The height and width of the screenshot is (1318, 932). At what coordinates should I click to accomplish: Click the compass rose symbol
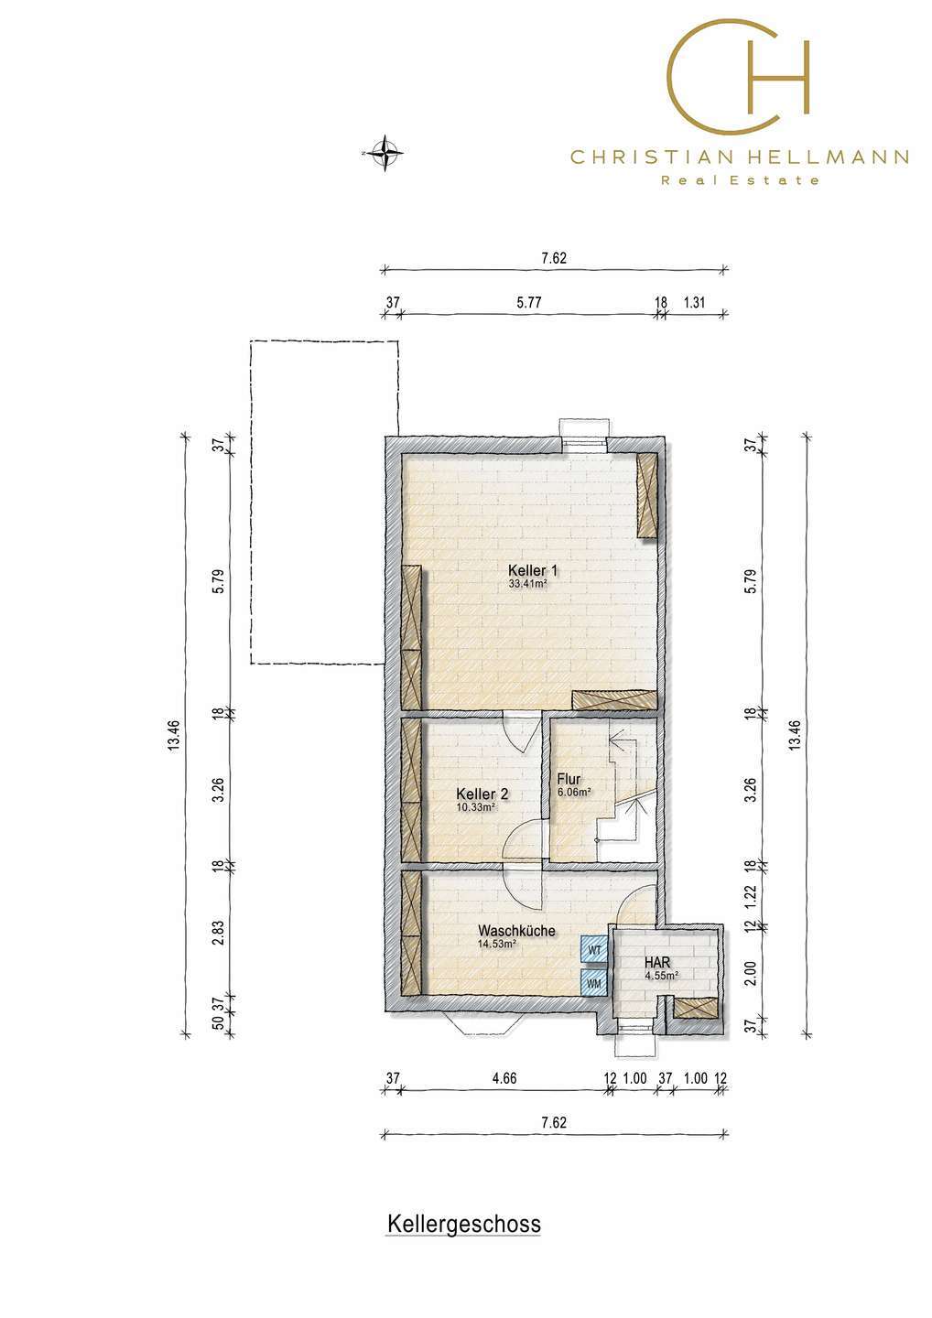(384, 153)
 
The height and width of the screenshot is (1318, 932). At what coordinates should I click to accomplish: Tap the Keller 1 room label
(533, 570)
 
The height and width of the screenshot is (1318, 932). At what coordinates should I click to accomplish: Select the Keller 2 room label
(482, 794)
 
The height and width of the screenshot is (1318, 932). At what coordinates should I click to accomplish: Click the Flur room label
(569, 780)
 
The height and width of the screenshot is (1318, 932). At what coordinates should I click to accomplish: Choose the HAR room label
(657, 963)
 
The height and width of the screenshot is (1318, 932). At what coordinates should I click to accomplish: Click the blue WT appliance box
(594, 950)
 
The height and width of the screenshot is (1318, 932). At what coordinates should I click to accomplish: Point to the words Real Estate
(740, 180)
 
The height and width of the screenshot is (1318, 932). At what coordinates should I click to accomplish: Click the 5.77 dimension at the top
(528, 302)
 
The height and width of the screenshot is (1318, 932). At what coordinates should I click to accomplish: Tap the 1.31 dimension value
(694, 302)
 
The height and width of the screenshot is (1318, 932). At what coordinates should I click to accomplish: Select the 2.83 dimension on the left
(218, 932)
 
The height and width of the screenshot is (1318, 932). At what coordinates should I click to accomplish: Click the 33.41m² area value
(528, 584)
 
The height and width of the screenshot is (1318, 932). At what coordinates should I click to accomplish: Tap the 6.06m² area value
(574, 793)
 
